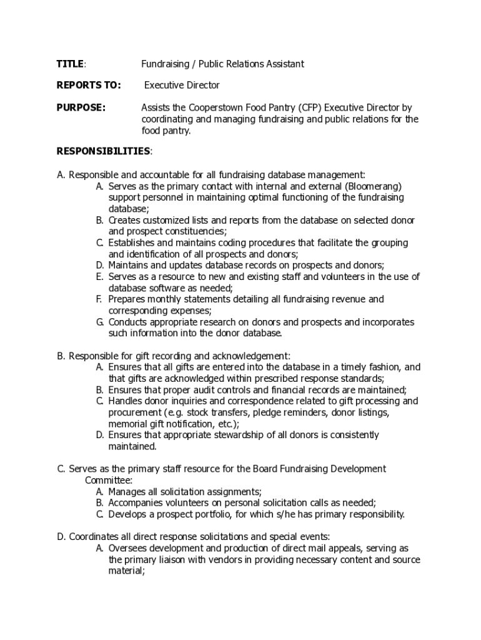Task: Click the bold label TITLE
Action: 70,64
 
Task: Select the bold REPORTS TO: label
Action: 88,85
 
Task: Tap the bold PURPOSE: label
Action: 81,107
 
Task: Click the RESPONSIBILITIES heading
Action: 103,151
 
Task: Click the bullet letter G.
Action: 99,322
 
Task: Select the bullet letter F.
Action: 99,299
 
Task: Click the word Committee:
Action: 109,480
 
